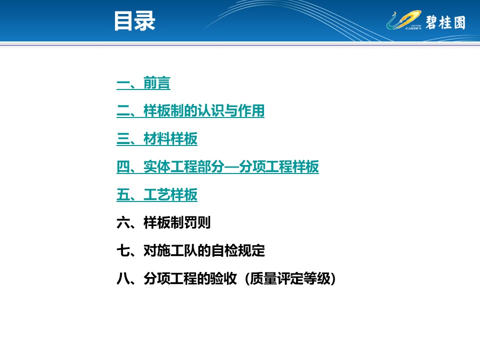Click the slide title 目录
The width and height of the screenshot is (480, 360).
134,21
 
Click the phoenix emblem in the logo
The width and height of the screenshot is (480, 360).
403,20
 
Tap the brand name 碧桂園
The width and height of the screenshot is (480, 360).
445,22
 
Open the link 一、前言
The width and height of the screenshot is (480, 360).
143,83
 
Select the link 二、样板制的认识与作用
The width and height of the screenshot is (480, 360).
190,111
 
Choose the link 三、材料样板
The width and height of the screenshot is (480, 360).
156,138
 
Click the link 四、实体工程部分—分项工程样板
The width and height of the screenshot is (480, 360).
217,167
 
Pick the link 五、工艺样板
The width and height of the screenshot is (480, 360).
156,194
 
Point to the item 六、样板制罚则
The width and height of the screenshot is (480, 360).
163,222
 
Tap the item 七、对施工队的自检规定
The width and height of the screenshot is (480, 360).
190,250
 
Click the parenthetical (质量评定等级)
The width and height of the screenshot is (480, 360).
290,279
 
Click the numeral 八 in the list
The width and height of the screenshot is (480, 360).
123,279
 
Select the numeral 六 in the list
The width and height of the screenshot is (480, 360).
123,222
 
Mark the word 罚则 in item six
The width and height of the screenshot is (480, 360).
197,222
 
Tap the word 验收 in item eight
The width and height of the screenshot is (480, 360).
223,279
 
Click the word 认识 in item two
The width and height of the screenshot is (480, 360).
210,111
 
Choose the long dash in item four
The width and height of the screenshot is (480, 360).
231,167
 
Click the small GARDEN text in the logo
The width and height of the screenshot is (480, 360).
413,28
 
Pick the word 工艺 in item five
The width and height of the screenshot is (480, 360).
156,194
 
